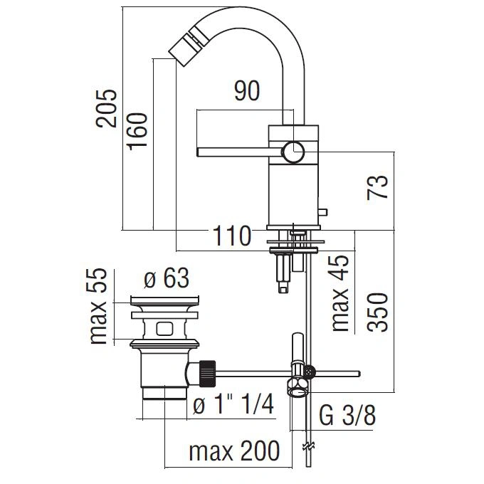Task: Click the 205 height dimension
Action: [107, 108]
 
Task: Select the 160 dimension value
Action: [137, 132]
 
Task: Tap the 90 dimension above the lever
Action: [247, 91]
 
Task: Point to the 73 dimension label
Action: [377, 187]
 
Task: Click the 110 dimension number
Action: [232, 236]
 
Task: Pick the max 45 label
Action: [340, 293]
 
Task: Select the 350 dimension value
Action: [377, 312]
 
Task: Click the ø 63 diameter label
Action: [167, 278]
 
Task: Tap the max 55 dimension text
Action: [98, 306]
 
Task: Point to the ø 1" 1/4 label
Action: [233, 405]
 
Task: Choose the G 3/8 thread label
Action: [347, 416]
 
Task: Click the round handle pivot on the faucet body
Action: [293, 152]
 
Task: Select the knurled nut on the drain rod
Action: [207, 374]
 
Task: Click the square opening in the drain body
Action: [164, 329]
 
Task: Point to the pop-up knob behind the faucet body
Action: [323, 212]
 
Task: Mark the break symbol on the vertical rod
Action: [308, 447]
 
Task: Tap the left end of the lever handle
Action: [197, 152]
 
